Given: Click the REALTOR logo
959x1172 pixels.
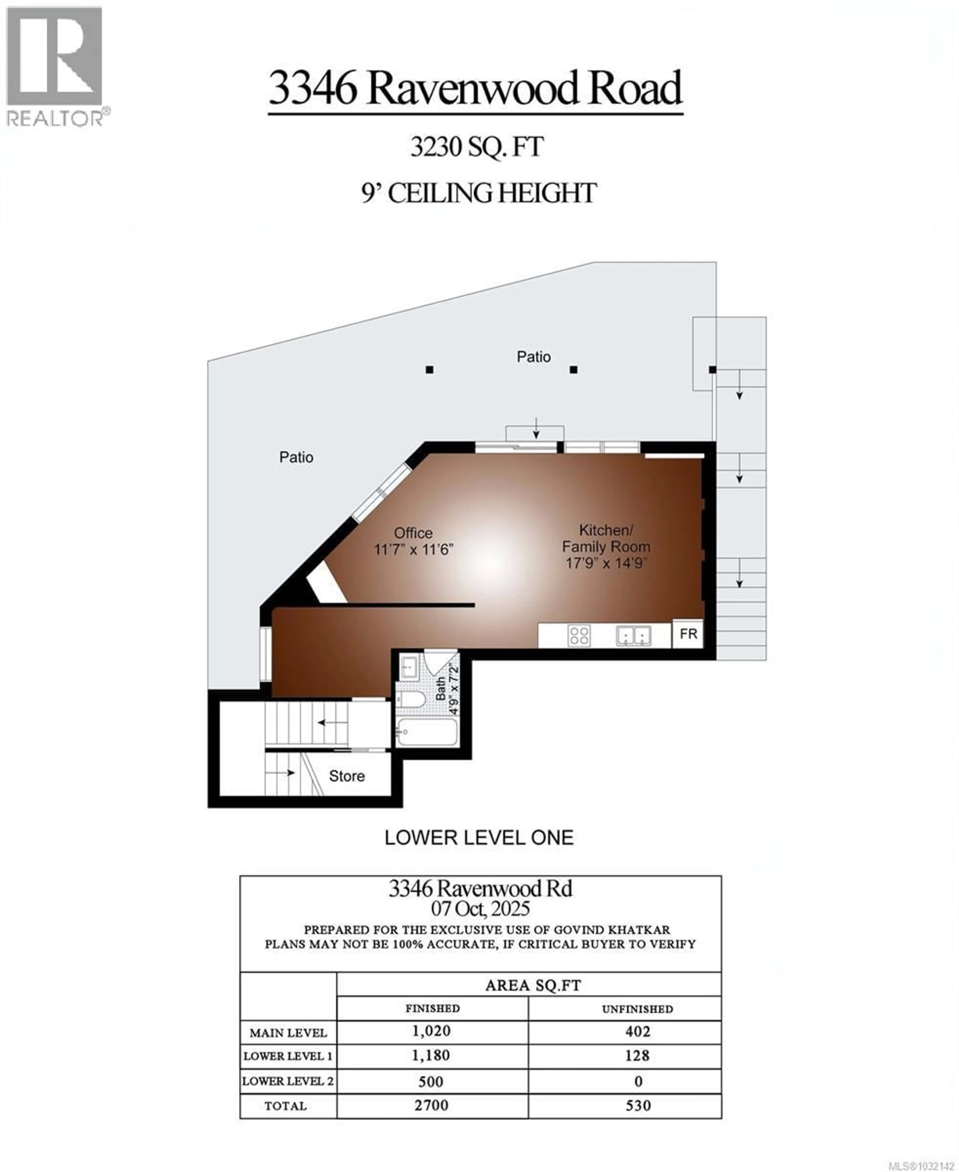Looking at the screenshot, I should click(x=55, y=66).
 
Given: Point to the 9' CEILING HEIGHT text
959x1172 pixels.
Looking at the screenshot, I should click(x=479, y=193).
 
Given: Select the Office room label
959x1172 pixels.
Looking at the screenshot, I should click(x=413, y=533).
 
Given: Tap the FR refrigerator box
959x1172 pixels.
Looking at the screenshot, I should click(x=688, y=634).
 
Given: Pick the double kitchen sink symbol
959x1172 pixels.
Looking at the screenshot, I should click(x=634, y=635).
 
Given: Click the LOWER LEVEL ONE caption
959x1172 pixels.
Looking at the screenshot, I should click(x=479, y=838).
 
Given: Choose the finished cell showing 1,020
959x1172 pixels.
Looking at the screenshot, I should click(x=432, y=1031).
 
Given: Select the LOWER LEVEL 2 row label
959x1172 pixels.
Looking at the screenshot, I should click(x=288, y=1081).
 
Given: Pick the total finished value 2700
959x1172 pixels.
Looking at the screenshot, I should click(x=432, y=1106).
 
